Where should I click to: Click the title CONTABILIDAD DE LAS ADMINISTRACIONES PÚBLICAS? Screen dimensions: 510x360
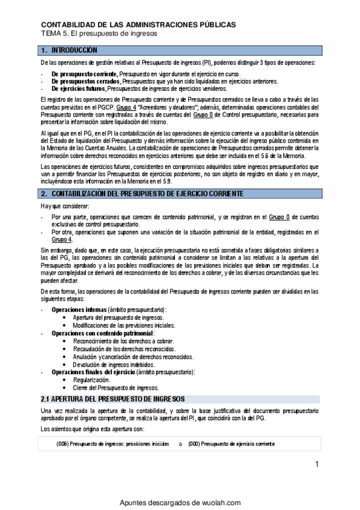click(138, 25)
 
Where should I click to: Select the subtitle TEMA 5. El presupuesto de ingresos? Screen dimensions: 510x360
click(99, 34)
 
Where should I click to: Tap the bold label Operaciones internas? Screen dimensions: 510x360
click(75, 309)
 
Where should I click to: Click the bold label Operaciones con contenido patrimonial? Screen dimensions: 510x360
click(103, 333)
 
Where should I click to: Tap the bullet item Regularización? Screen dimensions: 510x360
click(91, 380)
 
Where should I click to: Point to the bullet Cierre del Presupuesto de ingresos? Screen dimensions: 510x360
click(115, 388)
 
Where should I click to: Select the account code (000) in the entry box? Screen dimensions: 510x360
click(193, 444)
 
